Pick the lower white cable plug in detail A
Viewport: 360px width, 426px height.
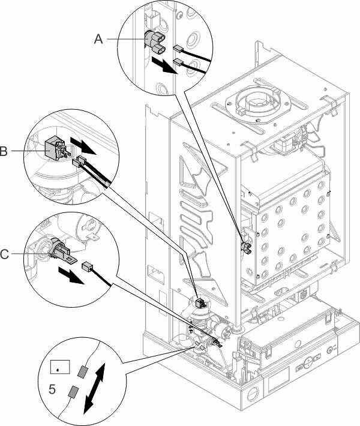(x=178, y=61)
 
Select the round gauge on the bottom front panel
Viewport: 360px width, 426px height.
(x=331, y=350)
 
